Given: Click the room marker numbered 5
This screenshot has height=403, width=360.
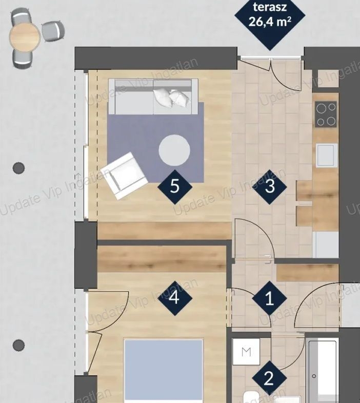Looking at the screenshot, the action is [x=174, y=186].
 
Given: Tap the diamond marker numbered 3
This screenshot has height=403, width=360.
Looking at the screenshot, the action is [x=270, y=186].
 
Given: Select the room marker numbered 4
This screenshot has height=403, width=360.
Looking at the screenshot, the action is [x=174, y=298].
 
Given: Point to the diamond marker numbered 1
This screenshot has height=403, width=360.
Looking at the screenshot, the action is [x=270, y=298].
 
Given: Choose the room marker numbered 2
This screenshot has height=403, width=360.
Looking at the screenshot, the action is [x=270, y=378].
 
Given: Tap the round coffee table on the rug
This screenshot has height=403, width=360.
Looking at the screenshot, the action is [x=174, y=150].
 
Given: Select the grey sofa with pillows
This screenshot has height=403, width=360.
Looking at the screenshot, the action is [x=153, y=97].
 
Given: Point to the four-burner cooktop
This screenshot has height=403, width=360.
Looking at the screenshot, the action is [x=326, y=114].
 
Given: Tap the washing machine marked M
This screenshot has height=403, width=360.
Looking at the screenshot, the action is [x=246, y=352].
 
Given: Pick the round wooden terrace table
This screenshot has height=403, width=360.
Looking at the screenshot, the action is [x=25, y=37].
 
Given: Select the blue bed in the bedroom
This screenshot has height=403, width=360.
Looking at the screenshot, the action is [x=164, y=371].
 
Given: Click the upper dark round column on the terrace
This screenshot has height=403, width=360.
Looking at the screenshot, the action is [x=19, y=168].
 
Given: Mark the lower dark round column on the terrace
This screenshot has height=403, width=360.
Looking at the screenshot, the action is [x=19, y=345].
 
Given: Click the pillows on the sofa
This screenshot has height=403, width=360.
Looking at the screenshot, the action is [x=172, y=98].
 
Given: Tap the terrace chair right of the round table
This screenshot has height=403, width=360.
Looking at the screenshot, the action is [x=53, y=31].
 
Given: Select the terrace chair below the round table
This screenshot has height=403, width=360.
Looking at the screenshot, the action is [x=23, y=59].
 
